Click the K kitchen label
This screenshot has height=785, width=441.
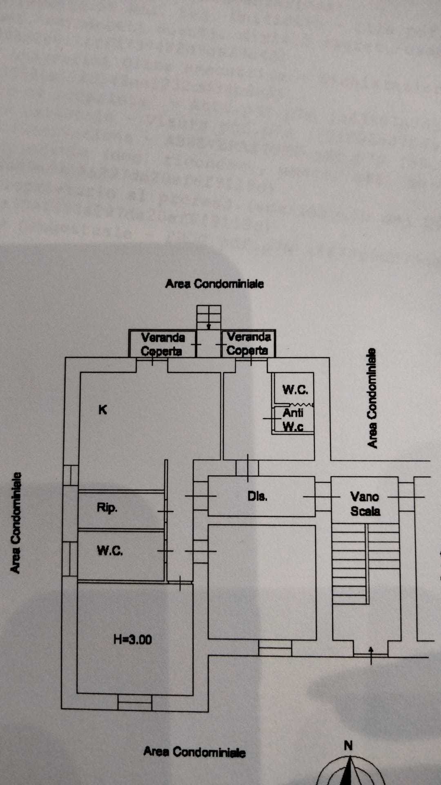tap(102, 409)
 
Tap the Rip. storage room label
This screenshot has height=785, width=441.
tap(107, 508)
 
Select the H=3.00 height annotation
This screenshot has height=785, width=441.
tap(133, 639)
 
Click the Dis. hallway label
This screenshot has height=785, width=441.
tap(257, 496)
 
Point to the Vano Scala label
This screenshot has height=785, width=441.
tap(365, 504)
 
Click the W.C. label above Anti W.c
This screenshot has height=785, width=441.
tap(295, 390)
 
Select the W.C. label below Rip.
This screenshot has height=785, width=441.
tap(110, 551)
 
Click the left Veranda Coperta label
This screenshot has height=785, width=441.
tap(163, 344)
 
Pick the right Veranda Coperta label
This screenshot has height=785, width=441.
tap(248, 343)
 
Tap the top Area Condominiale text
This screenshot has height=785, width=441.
tap(214, 284)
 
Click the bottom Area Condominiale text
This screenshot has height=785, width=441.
tap(194, 751)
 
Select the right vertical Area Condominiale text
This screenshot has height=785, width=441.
tap(372, 398)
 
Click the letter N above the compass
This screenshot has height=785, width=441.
tap(348, 745)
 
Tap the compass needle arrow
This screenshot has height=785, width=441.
tap(350, 771)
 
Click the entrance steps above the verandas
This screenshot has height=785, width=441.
tap(209, 317)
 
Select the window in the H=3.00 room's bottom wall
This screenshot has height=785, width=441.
tap(135, 702)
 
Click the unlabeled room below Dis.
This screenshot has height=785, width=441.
tap(262, 582)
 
